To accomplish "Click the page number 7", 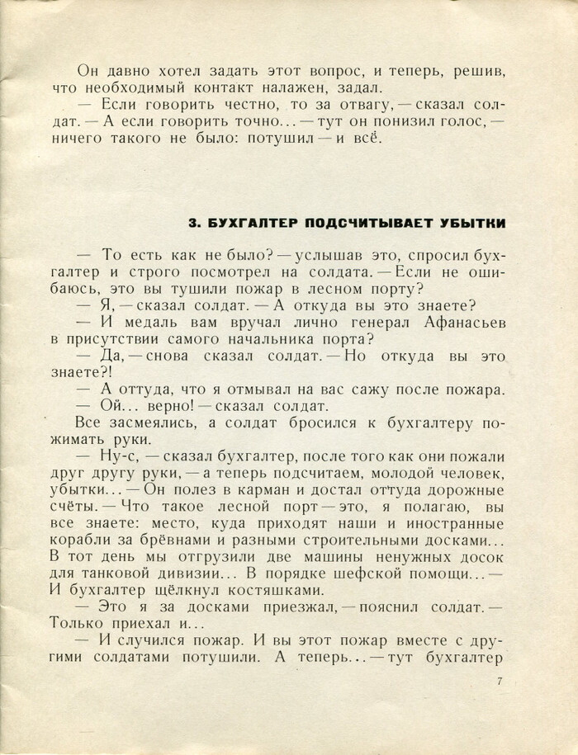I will click(x=501, y=682).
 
